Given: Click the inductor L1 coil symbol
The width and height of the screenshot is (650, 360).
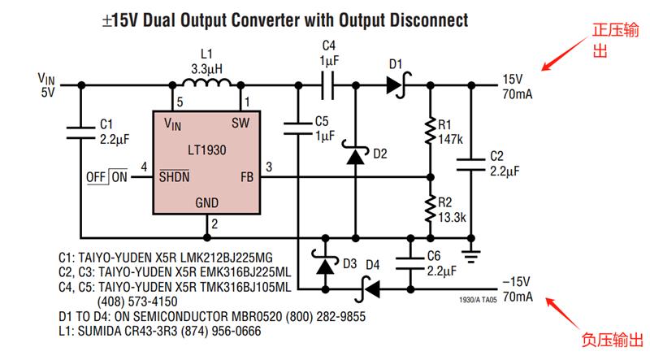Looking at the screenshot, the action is click(x=206, y=83).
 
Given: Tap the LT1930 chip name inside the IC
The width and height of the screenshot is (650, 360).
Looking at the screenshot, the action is click(x=207, y=150).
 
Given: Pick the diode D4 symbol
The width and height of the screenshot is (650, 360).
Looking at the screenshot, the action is click(x=368, y=289).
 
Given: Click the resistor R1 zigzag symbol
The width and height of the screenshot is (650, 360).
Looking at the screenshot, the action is click(x=431, y=132).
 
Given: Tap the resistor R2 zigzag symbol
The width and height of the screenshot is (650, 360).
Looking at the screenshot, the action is click(x=431, y=210).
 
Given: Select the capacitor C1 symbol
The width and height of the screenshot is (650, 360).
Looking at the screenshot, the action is click(x=80, y=132).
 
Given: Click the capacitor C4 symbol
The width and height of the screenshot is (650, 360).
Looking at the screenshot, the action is click(x=327, y=85).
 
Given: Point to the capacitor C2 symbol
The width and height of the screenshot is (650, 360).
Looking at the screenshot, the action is click(x=471, y=164).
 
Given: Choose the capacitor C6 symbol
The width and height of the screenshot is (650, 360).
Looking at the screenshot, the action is click(x=410, y=263).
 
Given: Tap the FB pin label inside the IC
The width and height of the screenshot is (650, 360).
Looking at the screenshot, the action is click(x=247, y=177).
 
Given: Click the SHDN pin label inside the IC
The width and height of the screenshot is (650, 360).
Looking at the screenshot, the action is click(x=174, y=176).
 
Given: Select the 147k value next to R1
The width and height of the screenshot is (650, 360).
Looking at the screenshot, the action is click(x=451, y=139).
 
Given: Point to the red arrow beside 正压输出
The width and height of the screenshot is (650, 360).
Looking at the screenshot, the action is click(x=565, y=54).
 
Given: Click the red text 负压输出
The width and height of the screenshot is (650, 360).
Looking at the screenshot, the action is click(x=612, y=340).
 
